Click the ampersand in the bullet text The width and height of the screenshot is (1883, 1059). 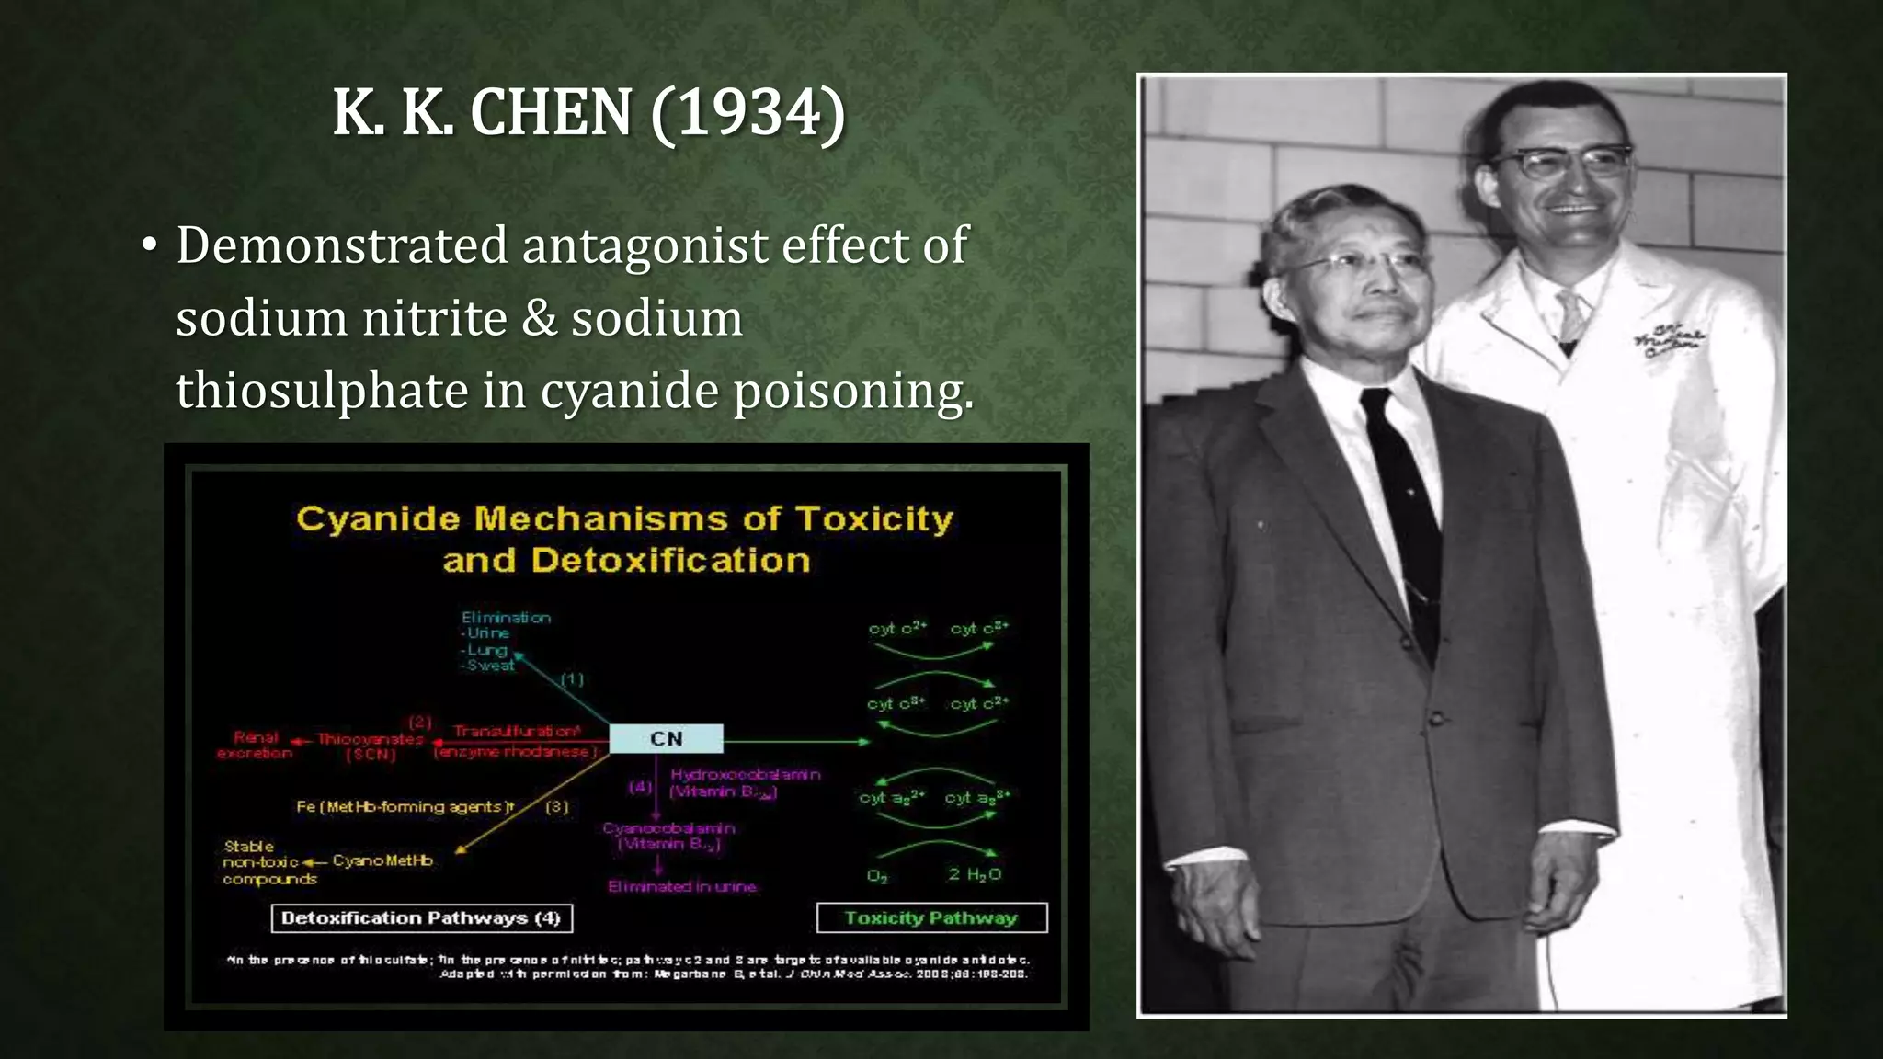[x=539, y=318]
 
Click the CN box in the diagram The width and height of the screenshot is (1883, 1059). [x=666, y=738]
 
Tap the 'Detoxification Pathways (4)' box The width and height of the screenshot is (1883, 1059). [x=421, y=917]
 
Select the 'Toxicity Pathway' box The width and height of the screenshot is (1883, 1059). [x=930, y=917]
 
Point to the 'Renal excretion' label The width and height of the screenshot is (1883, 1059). [x=255, y=745]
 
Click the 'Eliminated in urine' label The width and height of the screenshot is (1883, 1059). [x=681, y=886]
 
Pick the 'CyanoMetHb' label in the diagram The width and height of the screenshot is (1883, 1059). [x=382, y=860]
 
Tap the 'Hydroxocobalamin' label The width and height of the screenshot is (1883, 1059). [x=745, y=774]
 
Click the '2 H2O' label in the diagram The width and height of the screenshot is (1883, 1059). [x=975, y=874]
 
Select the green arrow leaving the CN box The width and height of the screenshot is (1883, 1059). [x=796, y=740]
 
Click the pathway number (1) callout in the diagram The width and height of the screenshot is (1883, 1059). [x=572, y=679]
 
